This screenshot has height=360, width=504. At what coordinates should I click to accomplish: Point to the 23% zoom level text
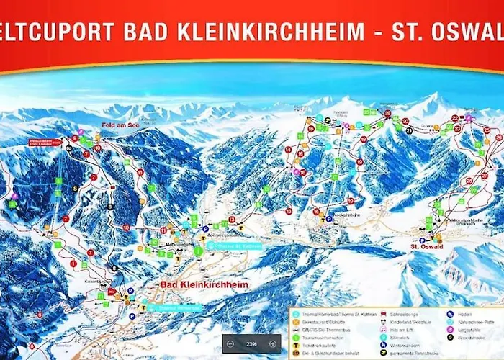click(x=251, y=344)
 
